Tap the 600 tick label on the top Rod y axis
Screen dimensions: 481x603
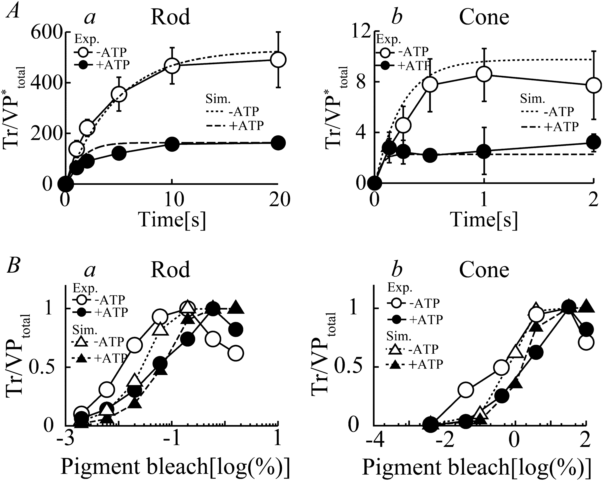46,33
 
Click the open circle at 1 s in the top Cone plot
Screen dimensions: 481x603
484,74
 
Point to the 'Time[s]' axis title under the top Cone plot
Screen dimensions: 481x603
484,220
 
